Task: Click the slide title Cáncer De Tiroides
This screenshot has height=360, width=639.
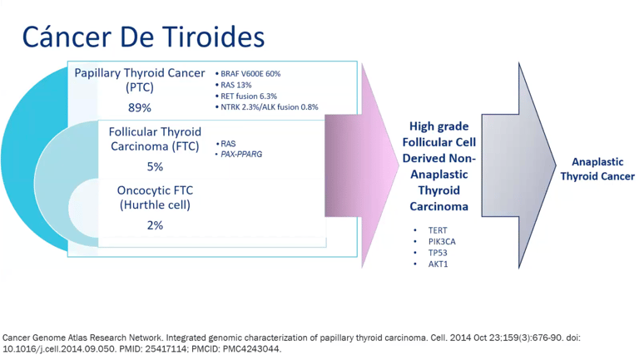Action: point(143,37)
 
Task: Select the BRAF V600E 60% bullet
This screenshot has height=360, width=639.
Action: point(248,74)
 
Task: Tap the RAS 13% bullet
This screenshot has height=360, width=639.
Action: point(233,85)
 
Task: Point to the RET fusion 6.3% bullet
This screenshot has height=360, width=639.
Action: point(246,96)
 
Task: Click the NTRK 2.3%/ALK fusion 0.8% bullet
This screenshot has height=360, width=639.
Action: point(266,107)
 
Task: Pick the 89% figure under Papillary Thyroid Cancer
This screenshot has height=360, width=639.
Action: point(140,107)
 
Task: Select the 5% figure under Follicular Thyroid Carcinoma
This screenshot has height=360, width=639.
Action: point(155,166)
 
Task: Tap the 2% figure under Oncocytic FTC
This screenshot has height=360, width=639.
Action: point(155,225)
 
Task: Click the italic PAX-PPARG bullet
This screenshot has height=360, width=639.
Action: point(239,155)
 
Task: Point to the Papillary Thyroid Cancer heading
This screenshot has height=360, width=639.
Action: point(140,73)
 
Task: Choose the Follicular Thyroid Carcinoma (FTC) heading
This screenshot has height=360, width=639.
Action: point(155,139)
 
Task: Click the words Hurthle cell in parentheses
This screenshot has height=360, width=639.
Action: point(155,205)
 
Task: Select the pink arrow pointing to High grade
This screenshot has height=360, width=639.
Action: point(361,165)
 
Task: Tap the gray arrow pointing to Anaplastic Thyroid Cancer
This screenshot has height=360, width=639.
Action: point(518,165)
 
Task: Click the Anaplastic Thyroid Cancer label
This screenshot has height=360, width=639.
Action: point(597,169)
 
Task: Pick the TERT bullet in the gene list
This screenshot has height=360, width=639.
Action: point(438,230)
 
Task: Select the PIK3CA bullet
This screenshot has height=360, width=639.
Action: point(442,242)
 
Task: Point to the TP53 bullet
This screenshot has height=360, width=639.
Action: point(438,253)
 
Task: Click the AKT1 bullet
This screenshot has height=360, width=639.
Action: point(438,264)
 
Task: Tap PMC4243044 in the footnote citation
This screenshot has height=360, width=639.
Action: point(251,349)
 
